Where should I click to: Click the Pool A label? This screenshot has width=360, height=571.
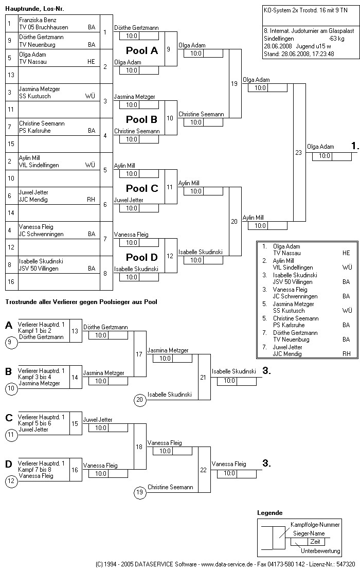point(142,50)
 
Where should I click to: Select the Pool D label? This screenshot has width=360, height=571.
point(142,257)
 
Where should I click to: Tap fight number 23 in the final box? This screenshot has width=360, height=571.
point(299,152)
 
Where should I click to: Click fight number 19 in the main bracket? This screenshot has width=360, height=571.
point(235,83)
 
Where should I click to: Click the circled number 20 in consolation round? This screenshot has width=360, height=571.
point(139,399)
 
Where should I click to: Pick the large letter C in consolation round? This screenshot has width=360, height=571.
point(9,417)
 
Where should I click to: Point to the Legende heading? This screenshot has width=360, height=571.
point(269,513)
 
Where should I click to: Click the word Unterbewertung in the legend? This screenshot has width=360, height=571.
point(320,551)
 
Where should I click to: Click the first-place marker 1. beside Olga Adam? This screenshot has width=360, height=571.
point(354,147)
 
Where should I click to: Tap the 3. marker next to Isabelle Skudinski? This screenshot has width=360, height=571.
point(266,371)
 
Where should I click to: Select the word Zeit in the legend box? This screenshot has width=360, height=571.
point(315,542)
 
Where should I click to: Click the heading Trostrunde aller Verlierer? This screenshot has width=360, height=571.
point(81,302)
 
